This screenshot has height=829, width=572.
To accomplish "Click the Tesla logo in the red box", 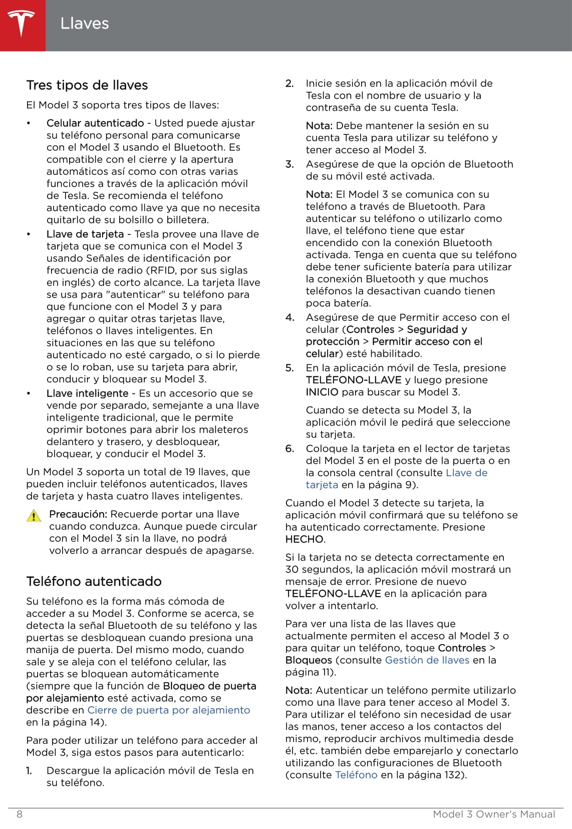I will point(21,24).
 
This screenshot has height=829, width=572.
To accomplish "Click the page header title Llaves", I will point(84,24).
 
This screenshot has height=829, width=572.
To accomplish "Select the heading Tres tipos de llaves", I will point(87,85).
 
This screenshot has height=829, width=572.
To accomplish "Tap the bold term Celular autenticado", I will point(95,123).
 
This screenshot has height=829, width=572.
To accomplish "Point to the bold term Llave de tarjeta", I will point(85,234).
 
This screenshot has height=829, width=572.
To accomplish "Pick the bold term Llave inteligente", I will point(88,393).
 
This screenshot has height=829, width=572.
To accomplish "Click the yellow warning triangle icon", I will point(34,516).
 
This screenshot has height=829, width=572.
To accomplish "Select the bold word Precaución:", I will point(78,514).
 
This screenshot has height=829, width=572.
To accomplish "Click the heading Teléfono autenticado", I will point(94,581).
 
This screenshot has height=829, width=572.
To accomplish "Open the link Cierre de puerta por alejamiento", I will point(168,710).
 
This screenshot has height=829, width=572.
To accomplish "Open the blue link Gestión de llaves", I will point(427,660).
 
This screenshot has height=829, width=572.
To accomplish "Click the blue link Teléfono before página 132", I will point(356,775).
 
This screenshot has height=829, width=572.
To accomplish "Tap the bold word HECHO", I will point(305,539).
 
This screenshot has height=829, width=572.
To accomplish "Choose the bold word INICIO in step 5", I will point(322,392).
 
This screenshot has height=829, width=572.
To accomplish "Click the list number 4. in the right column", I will point(290,317).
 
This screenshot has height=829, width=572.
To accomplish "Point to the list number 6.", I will point(290,449).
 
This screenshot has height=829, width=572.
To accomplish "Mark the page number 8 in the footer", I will point(20,814).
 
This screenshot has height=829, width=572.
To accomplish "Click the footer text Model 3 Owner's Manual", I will point(494,814).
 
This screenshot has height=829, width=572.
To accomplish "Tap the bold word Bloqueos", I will point(309,660).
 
